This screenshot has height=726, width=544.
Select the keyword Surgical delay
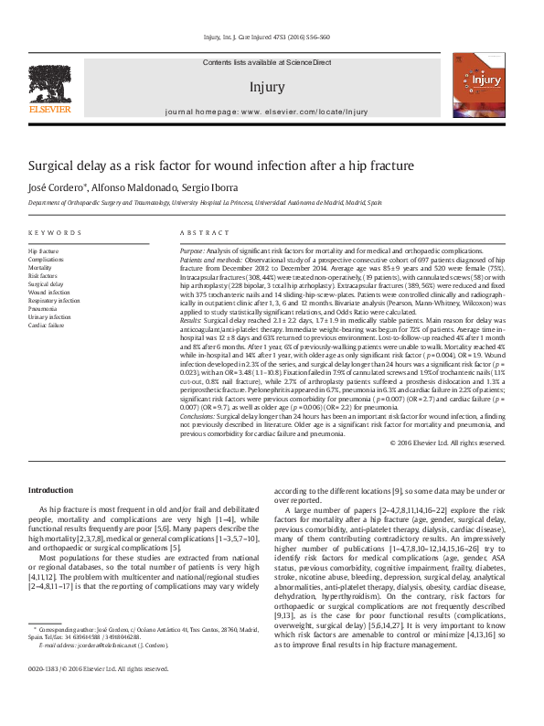click(46, 283)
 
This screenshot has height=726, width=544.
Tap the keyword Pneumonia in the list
click(43, 308)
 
